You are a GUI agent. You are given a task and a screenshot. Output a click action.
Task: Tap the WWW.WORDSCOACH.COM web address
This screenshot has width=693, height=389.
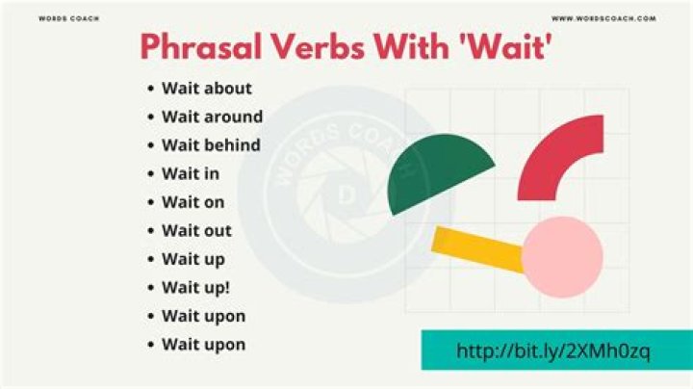click(x=603, y=18)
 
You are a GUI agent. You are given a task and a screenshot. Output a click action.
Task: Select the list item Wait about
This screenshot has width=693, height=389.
click(x=206, y=89)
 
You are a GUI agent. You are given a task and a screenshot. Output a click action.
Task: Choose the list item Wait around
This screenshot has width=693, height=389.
click(x=212, y=117)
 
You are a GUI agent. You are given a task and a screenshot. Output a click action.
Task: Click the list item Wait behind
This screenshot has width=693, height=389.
click(x=212, y=145)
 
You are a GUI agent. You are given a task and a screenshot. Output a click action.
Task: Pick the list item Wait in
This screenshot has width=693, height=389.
click(x=190, y=174)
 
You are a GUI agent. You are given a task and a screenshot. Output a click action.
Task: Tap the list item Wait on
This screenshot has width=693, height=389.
click(x=192, y=202)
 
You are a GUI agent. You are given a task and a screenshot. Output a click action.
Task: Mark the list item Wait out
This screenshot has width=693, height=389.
click(x=196, y=231)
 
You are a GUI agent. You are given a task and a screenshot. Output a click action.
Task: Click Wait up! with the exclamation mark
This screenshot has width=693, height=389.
click(x=195, y=288)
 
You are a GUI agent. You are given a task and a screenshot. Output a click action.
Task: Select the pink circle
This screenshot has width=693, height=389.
click(x=562, y=257)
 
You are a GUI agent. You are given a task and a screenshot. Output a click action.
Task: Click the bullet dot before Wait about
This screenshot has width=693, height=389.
click(x=151, y=89)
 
